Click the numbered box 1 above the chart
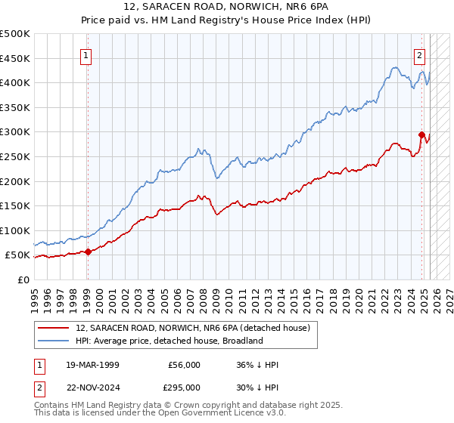pyautogui.click(x=86, y=55)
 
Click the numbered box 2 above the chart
pyautogui.click(x=419, y=55)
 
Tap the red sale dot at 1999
pyautogui.click(x=88, y=252)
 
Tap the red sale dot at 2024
pyautogui.click(x=421, y=134)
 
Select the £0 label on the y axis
pyautogui.click(x=23, y=279)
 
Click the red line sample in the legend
pyautogui.click(x=52, y=329)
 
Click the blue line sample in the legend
pyautogui.click(x=52, y=341)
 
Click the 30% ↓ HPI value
pyautogui.click(x=257, y=387)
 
